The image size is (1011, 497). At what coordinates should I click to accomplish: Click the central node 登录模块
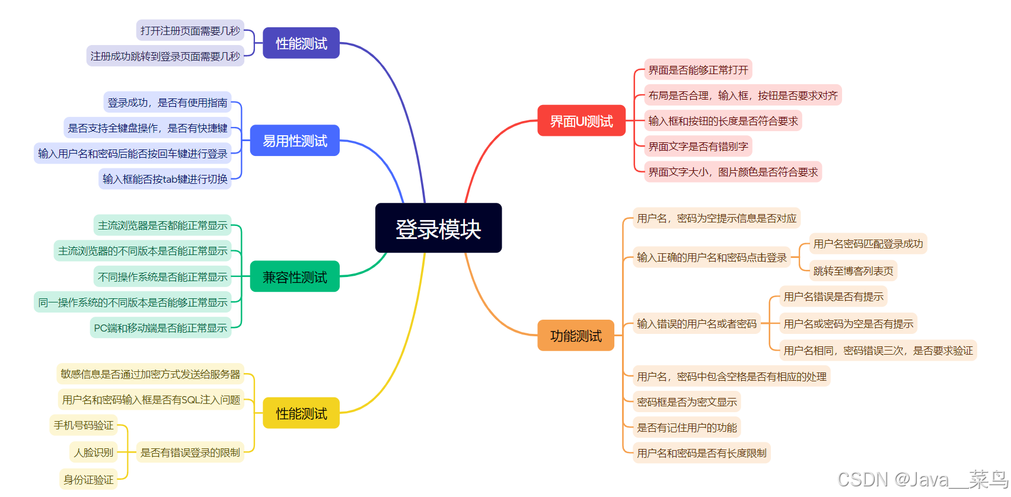click(x=438, y=228)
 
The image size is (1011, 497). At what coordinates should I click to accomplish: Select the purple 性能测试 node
click(x=301, y=43)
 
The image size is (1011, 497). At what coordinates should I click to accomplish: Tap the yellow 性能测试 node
click(x=301, y=413)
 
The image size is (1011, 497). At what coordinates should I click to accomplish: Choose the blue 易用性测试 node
click(x=295, y=141)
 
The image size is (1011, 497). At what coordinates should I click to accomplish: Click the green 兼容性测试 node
click(x=295, y=277)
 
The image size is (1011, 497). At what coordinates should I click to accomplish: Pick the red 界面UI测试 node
click(x=581, y=121)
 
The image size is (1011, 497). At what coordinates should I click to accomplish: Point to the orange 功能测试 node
click(x=576, y=336)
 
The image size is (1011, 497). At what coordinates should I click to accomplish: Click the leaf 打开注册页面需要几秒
click(x=190, y=31)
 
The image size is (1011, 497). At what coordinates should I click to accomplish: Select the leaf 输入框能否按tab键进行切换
click(x=165, y=179)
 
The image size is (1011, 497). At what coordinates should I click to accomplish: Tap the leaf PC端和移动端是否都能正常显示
click(x=161, y=328)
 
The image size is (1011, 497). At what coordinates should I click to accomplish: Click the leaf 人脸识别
click(x=93, y=453)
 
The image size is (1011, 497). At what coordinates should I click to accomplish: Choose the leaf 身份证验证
click(x=88, y=479)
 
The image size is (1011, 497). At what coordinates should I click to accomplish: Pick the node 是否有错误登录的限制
click(x=190, y=453)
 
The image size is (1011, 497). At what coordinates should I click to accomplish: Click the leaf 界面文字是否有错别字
click(x=698, y=146)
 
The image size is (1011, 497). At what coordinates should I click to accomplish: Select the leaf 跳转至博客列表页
click(x=853, y=271)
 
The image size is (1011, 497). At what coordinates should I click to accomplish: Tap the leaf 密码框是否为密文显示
click(x=687, y=402)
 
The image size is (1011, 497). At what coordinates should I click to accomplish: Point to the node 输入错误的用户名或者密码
click(x=696, y=324)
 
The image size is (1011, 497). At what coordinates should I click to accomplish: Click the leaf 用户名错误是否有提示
click(x=833, y=297)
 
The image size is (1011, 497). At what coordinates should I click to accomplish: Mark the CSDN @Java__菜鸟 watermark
click(x=922, y=479)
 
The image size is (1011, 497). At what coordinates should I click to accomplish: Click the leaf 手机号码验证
click(x=84, y=425)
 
